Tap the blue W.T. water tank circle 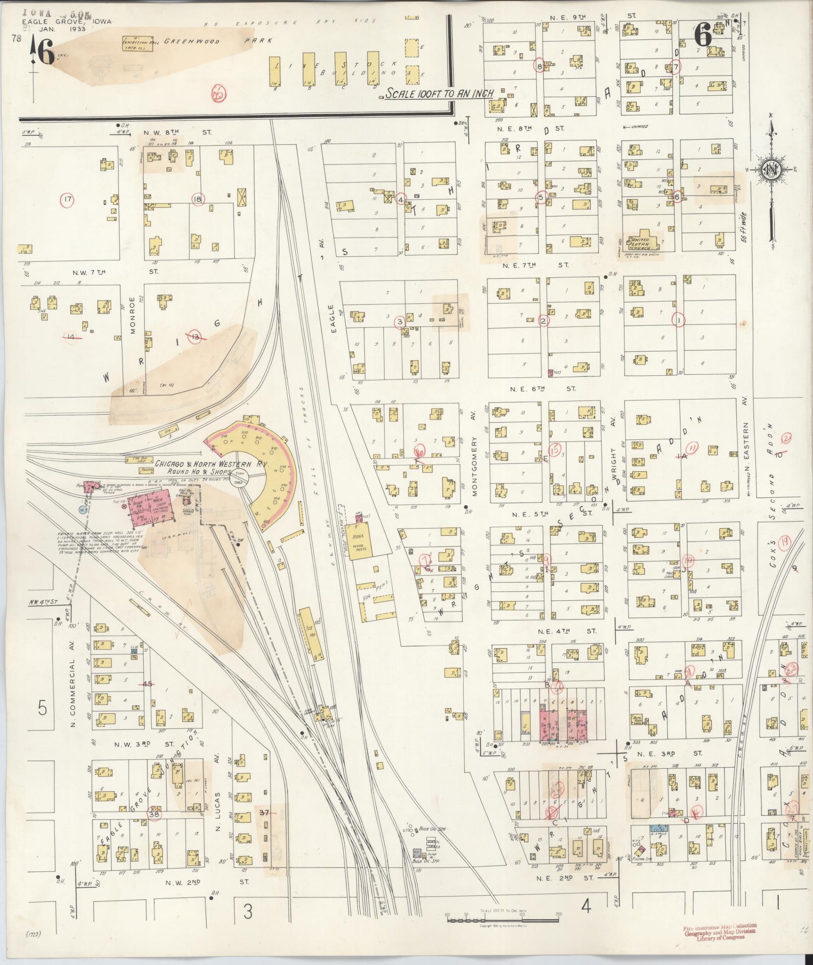click(x=82, y=510)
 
